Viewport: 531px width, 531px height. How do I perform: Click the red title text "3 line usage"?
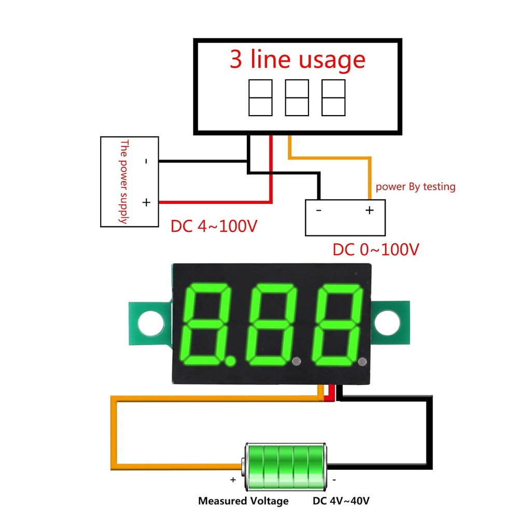pyautogui.click(x=298, y=60)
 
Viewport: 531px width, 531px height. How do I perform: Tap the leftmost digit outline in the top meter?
pyautogui.click(x=260, y=97)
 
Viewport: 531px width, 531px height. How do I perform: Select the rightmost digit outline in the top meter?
pyautogui.click(x=333, y=97)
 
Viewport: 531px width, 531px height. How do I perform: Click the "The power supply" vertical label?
pyautogui.click(x=123, y=181)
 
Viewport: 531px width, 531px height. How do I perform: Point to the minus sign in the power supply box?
pyautogui.click(x=146, y=161)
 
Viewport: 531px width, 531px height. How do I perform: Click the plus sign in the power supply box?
pyautogui.click(x=146, y=202)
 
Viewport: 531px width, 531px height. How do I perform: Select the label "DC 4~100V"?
pyautogui.click(x=214, y=227)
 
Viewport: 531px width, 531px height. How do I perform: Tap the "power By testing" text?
pyautogui.click(x=415, y=187)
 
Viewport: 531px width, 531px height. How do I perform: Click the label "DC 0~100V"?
pyautogui.click(x=375, y=250)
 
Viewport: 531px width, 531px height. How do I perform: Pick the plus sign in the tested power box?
pyautogui.click(x=369, y=210)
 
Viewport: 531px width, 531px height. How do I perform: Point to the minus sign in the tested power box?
pyautogui.click(x=318, y=210)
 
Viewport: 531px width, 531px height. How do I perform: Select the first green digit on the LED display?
pyautogui.click(x=210, y=324)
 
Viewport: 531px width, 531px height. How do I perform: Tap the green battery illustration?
pyautogui.click(x=286, y=466)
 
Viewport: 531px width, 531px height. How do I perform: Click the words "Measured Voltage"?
pyautogui.click(x=243, y=501)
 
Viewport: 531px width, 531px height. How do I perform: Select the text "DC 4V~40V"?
pyautogui.click(x=341, y=501)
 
